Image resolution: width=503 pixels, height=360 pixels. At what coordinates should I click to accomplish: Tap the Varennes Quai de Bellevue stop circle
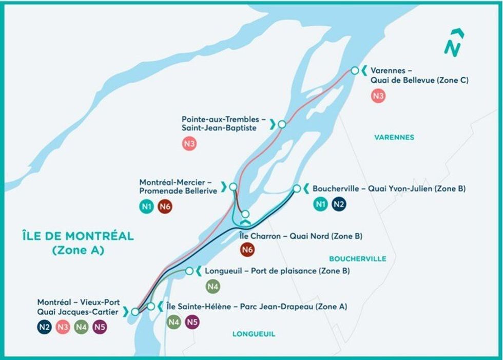coord(354,70)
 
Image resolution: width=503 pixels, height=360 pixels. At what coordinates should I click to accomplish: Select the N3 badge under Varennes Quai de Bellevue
coord(378,96)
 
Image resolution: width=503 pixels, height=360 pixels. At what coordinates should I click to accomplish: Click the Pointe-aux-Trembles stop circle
coord(282,124)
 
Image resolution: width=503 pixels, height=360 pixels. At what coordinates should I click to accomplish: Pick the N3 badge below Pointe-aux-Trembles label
coord(189,144)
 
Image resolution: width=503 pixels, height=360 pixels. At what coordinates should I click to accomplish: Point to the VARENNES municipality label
coord(394,137)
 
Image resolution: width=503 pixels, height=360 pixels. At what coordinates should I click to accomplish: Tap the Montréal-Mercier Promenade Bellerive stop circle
coord(233,186)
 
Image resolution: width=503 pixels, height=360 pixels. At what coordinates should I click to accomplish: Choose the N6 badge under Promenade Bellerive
coord(165,206)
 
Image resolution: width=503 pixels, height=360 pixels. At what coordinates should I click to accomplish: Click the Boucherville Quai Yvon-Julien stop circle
coord(297,188)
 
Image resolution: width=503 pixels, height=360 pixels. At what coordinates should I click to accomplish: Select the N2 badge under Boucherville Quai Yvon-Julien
coord(339,204)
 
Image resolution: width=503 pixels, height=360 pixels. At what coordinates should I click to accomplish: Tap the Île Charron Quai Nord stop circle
coord(245,214)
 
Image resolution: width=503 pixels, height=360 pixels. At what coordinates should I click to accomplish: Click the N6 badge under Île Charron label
coord(248,250)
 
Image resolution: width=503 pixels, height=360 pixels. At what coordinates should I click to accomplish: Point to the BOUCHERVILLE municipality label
coord(358,259)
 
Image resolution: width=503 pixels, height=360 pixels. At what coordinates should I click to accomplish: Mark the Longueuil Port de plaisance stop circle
coord(189,271)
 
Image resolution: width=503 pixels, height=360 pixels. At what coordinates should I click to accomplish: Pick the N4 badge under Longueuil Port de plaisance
coord(212,286)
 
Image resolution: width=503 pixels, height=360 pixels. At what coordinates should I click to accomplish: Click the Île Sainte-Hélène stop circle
coord(151,307)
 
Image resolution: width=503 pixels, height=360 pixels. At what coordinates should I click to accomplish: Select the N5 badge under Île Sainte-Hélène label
coord(192,322)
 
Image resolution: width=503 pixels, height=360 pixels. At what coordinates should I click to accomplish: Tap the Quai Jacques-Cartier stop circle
coord(134,311)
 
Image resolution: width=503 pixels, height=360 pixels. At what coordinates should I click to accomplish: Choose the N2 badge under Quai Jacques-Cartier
coord(44,327)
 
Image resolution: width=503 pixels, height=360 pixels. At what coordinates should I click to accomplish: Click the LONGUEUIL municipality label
coord(254,334)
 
